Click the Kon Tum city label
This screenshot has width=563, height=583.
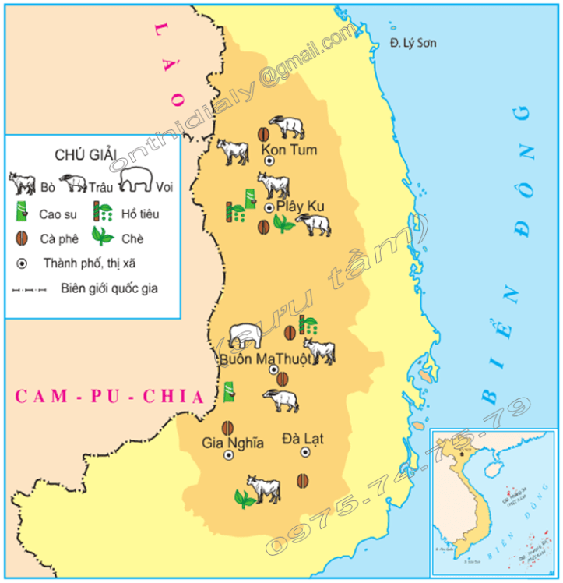point(289,149)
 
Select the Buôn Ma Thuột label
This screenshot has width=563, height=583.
point(265,359)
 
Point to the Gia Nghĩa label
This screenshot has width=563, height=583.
point(233,443)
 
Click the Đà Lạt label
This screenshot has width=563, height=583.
point(303,438)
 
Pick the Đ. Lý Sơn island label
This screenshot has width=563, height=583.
point(413,43)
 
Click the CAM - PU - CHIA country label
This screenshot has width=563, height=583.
point(110,397)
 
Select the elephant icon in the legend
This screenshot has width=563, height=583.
point(135,180)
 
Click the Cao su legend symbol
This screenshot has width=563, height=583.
point(21,211)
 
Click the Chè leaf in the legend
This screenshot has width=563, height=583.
point(102,236)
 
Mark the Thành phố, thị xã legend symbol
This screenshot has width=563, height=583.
point(21,263)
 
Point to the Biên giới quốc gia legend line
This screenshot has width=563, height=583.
point(30,289)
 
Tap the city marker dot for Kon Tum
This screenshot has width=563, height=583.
point(269,160)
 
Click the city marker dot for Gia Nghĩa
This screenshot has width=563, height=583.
point(228,455)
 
